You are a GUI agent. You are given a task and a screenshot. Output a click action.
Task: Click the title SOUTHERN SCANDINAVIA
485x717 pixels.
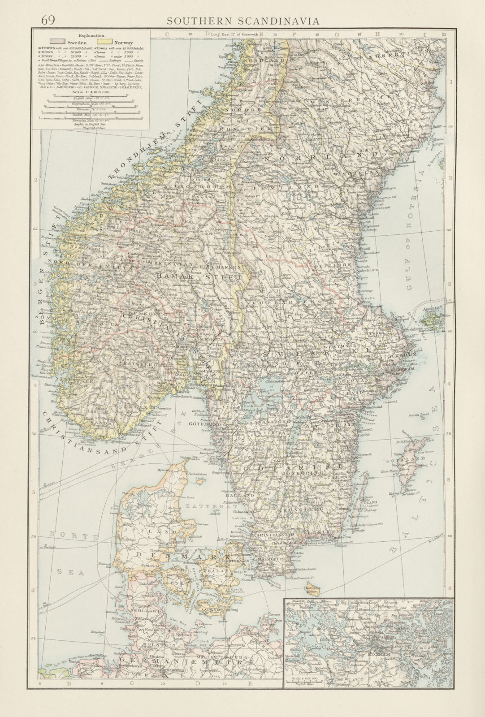[242, 21]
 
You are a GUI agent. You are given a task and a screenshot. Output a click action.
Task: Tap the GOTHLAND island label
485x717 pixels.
[404, 460]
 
